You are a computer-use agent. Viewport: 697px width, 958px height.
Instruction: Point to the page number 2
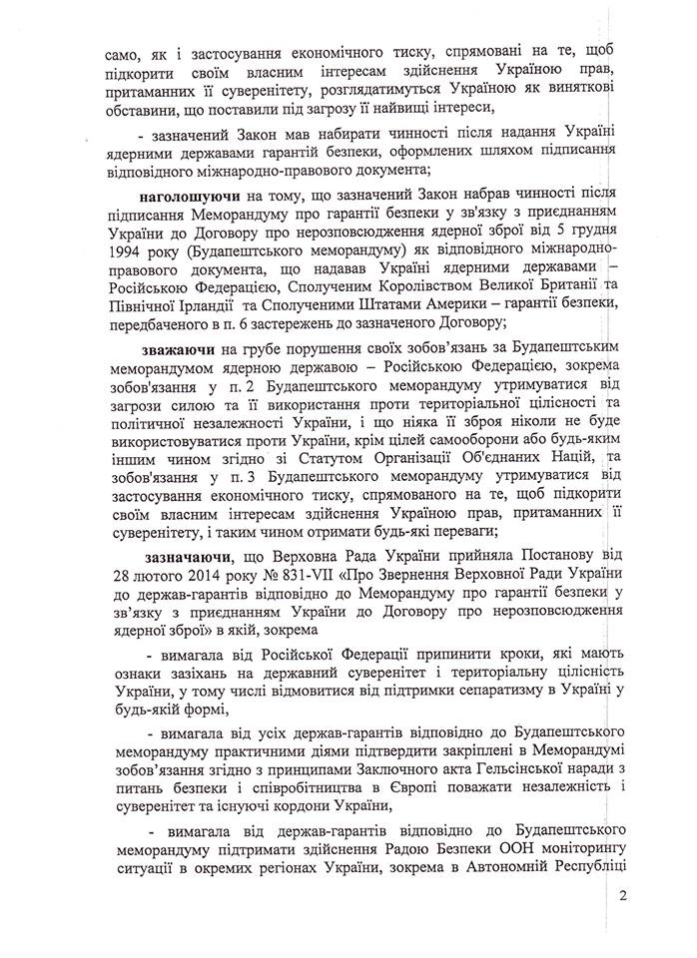point(621,895)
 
